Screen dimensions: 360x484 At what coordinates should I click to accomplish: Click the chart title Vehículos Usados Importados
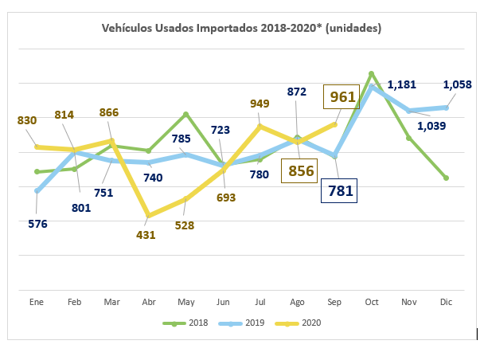[241, 29]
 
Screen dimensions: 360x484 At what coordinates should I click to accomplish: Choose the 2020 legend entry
[298, 323]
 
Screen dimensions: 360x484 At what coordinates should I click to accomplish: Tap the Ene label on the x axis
[37, 303]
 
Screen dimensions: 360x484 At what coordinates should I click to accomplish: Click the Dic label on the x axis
[447, 303]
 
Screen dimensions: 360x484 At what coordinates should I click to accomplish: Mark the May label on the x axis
[185, 303]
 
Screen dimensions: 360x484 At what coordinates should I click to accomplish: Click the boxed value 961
[342, 97]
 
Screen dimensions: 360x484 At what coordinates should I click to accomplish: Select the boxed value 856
[302, 170]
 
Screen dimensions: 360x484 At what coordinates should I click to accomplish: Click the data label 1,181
[402, 85]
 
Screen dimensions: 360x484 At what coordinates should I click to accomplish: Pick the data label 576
[37, 224]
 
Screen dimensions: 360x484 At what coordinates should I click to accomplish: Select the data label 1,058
[458, 85]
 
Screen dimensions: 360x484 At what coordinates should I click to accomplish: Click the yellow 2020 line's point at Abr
[149, 215]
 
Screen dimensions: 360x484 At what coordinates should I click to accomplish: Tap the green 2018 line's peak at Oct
[372, 73]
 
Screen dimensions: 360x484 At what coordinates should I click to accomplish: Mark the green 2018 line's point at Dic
[447, 178]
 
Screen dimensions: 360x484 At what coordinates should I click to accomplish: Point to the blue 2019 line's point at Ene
[37, 191]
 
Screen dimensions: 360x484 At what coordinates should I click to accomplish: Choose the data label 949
[260, 104]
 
